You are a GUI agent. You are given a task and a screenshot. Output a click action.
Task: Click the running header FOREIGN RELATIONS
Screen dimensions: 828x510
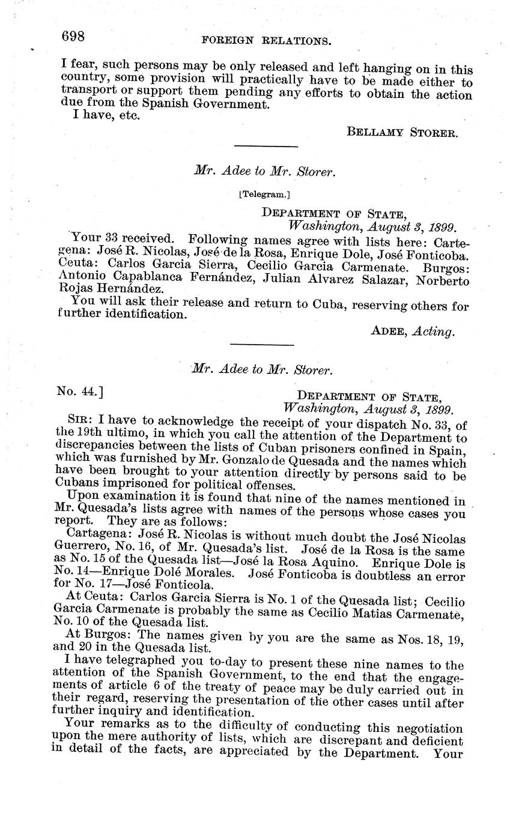267,41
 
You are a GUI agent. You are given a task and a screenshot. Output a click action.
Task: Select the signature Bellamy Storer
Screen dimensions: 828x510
402,132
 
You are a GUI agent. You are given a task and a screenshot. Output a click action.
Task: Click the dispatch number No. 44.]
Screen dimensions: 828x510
80,392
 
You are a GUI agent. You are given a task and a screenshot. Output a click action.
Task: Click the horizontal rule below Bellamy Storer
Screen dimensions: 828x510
266,146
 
